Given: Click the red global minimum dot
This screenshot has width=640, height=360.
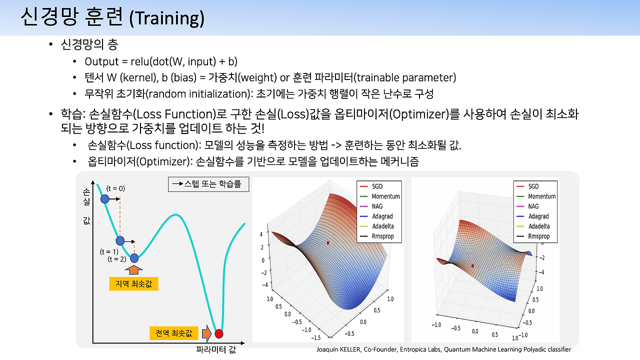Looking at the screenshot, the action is [219, 333].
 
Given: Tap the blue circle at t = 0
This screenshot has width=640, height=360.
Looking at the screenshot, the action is [105, 199].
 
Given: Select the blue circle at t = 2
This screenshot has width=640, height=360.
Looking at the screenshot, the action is [134, 258].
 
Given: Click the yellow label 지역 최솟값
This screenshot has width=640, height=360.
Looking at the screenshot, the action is [133, 283].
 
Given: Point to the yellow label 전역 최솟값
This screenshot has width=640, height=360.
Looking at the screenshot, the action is [173, 333].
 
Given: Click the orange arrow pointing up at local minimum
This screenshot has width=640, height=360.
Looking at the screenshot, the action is [133, 269].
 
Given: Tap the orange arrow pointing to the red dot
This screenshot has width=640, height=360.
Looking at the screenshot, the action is [206, 333].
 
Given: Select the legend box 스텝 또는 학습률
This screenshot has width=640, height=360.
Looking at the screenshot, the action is [208, 184].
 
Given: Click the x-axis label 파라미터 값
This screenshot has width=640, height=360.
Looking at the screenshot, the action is [216, 349].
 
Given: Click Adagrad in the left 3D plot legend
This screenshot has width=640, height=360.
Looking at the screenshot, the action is [382, 216].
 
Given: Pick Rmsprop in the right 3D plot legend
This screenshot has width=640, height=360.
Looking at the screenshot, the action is [539, 236].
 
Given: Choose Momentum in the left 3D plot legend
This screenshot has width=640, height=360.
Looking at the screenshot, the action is [385, 196].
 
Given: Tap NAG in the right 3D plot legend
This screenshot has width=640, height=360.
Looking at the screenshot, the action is [533, 206].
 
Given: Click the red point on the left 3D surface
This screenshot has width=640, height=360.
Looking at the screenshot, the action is [328, 243].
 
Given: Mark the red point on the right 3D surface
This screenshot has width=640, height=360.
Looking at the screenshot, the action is [472, 266].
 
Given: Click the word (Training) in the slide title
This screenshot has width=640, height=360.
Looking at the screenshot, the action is [167, 18].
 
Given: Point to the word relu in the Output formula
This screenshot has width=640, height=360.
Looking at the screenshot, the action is [139, 61].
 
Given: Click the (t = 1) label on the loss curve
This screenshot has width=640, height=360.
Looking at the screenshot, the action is [109, 251].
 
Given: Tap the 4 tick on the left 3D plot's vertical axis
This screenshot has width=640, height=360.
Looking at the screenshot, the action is [261, 234].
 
